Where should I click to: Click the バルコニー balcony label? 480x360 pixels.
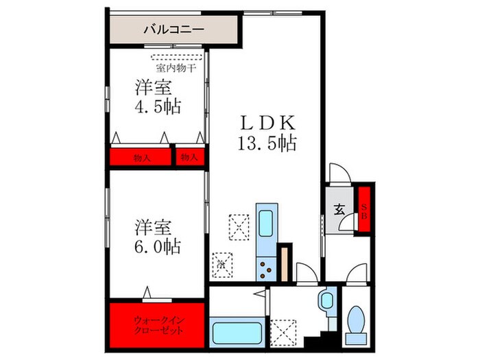pyautogui.click(x=174, y=29)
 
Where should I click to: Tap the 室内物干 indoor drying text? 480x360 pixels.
pyautogui.click(x=175, y=68)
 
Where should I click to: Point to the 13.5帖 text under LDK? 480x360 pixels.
pyautogui.click(x=267, y=143)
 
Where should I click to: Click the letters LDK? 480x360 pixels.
pyautogui.click(x=267, y=123)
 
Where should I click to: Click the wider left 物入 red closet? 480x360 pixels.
pyautogui.click(x=141, y=158)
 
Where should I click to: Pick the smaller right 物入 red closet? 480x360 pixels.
pyautogui.click(x=189, y=158)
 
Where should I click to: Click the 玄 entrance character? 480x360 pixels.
pyautogui.click(x=339, y=211)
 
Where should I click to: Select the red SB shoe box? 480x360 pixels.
pyautogui.click(x=364, y=211)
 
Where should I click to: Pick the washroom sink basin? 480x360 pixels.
pyautogui.click(x=326, y=300)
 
